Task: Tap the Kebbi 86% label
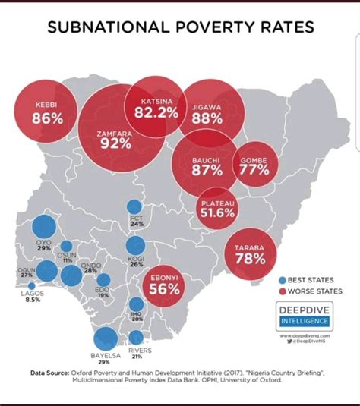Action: click(47, 118)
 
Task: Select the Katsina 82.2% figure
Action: click(156, 112)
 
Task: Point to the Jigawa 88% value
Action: click(207, 118)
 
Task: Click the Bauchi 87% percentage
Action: click(201, 171)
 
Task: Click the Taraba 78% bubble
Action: click(250, 254)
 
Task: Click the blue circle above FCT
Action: click(134, 207)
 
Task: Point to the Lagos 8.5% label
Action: click(33, 296)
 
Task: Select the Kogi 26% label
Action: click(137, 260)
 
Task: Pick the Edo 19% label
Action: click(101, 292)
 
